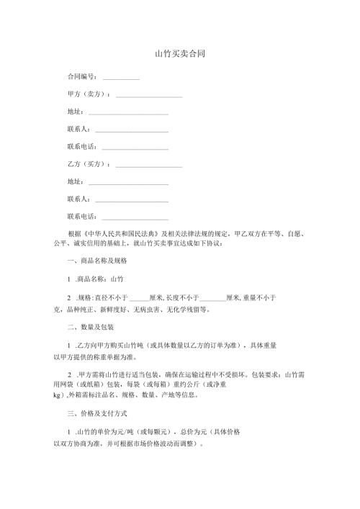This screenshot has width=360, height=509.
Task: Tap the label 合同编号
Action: pyautogui.click(x=82, y=76)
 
